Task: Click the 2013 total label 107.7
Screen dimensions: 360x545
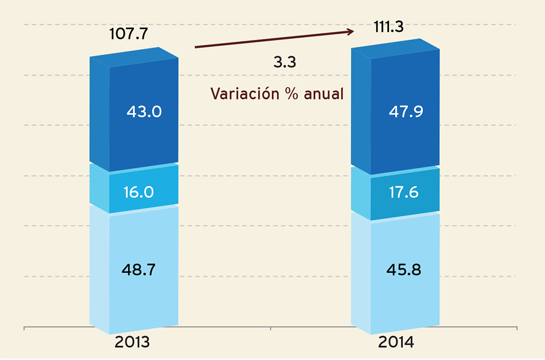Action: (128, 35)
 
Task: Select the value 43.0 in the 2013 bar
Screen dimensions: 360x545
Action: (144, 112)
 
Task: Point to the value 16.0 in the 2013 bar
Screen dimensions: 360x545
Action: (138, 192)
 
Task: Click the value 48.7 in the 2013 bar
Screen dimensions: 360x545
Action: (138, 269)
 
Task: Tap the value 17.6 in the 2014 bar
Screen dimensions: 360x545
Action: (403, 193)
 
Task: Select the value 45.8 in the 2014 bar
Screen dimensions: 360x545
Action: (403, 269)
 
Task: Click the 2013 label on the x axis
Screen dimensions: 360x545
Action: (132, 342)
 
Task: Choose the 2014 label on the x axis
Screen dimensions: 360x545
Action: (396, 342)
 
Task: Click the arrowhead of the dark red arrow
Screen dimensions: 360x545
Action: (350, 32)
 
